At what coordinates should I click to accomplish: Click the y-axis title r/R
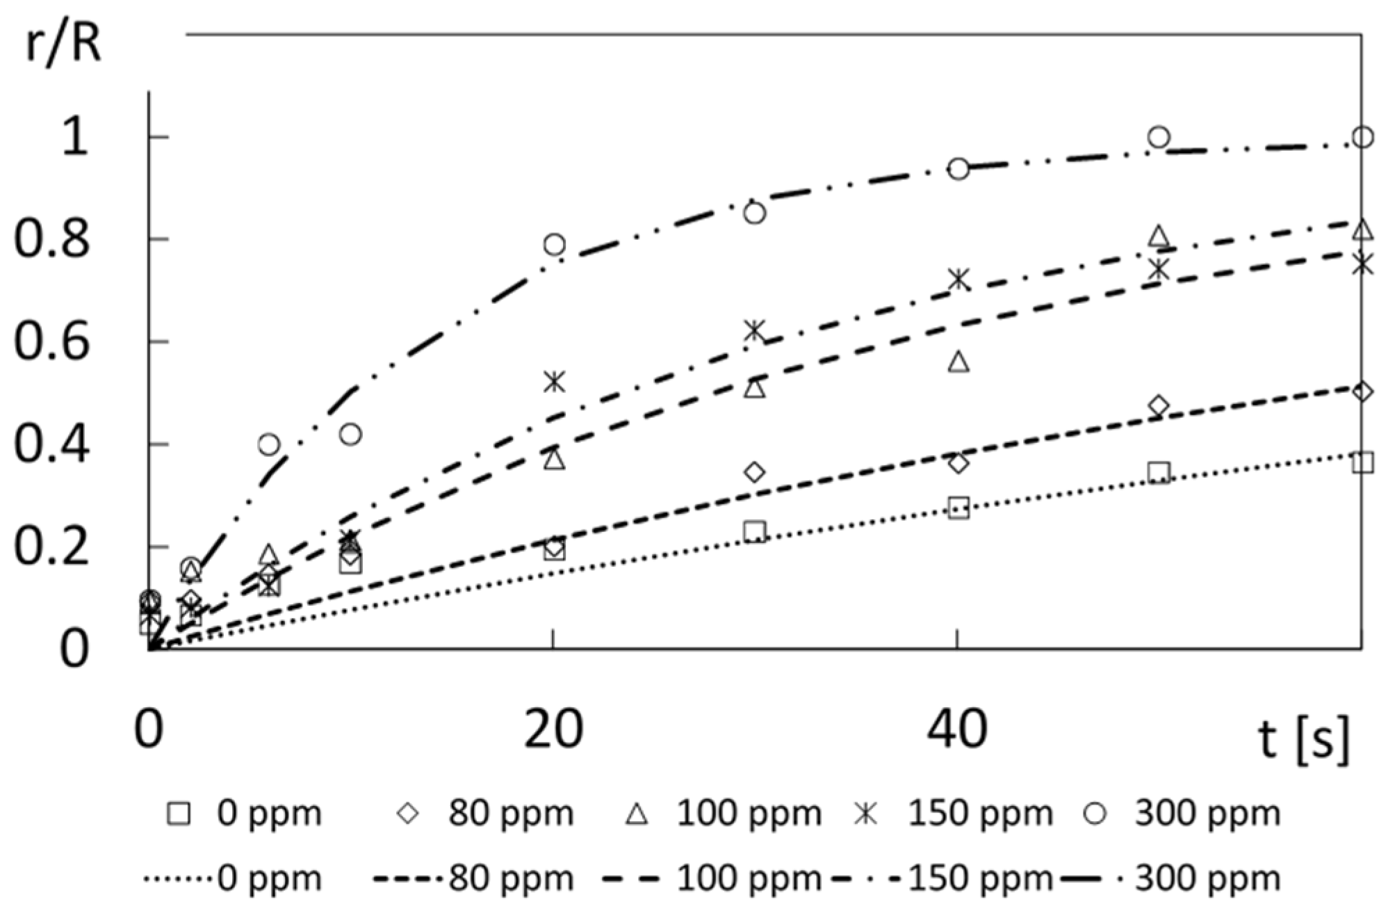(x=63, y=45)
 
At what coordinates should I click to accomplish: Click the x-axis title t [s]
(x=1303, y=739)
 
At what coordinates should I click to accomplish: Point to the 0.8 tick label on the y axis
(x=51, y=240)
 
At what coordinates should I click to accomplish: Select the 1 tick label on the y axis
(x=74, y=137)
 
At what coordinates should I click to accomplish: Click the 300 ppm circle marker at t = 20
(x=554, y=244)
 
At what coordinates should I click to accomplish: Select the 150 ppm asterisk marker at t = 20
(x=554, y=381)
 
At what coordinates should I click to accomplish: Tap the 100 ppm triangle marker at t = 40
(x=958, y=362)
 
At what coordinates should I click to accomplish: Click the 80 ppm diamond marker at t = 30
(x=754, y=473)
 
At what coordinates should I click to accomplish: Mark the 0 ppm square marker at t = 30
(x=754, y=533)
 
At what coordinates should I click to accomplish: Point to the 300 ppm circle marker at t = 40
(x=958, y=169)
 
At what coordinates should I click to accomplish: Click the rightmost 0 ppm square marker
(x=1363, y=462)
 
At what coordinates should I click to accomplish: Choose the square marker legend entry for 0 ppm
(x=179, y=814)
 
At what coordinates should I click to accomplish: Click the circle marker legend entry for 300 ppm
(x=1095, y=814)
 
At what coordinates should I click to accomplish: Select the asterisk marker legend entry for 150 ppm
(x=865, y=814)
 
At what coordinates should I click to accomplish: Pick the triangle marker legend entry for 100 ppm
(x=637, y=814)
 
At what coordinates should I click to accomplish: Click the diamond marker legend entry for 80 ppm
(x=408, y=814)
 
